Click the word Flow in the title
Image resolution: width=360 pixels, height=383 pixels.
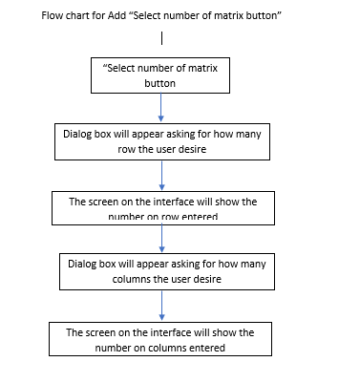(x=53, y=16)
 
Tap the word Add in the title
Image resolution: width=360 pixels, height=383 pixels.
(x=123, y=16)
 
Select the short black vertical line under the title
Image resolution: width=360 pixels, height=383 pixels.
(x=162, y=38)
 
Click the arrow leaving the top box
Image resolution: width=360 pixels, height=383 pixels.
(x=160, y=107)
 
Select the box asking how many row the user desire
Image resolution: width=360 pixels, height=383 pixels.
(x=161, y=141)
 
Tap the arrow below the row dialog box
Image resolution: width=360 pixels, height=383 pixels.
(x=162, y=175)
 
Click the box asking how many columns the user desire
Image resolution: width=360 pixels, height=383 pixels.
(x=161, y=269)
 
